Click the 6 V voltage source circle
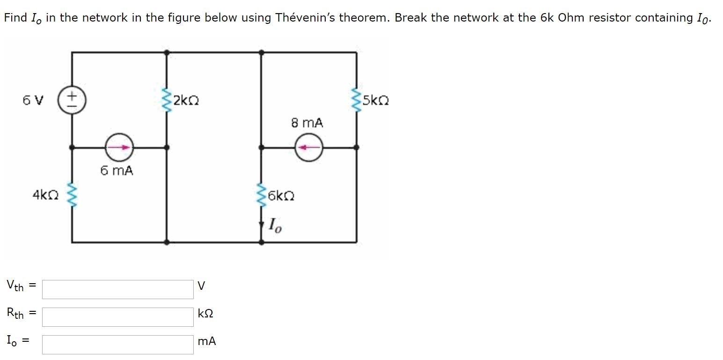tap(72, 101)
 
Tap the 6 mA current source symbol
tap(119, 147)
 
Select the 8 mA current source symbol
tap(308, 147)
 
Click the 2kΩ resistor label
tap(186, 101)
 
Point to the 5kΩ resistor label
tap(376, 101)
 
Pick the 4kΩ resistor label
tap(45, 194)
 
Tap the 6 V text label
tap(33, 101)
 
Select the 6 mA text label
tap(117, 171)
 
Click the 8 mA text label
tap(307, 123)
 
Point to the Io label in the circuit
tap(275, 226)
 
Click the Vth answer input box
tap(117, 289)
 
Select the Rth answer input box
tap(117, 317)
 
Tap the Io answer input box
tap(117, 345)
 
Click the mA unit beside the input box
tap(207, 342)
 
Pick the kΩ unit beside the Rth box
tap(205, 314)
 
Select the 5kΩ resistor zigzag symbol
tap(357, 101)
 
